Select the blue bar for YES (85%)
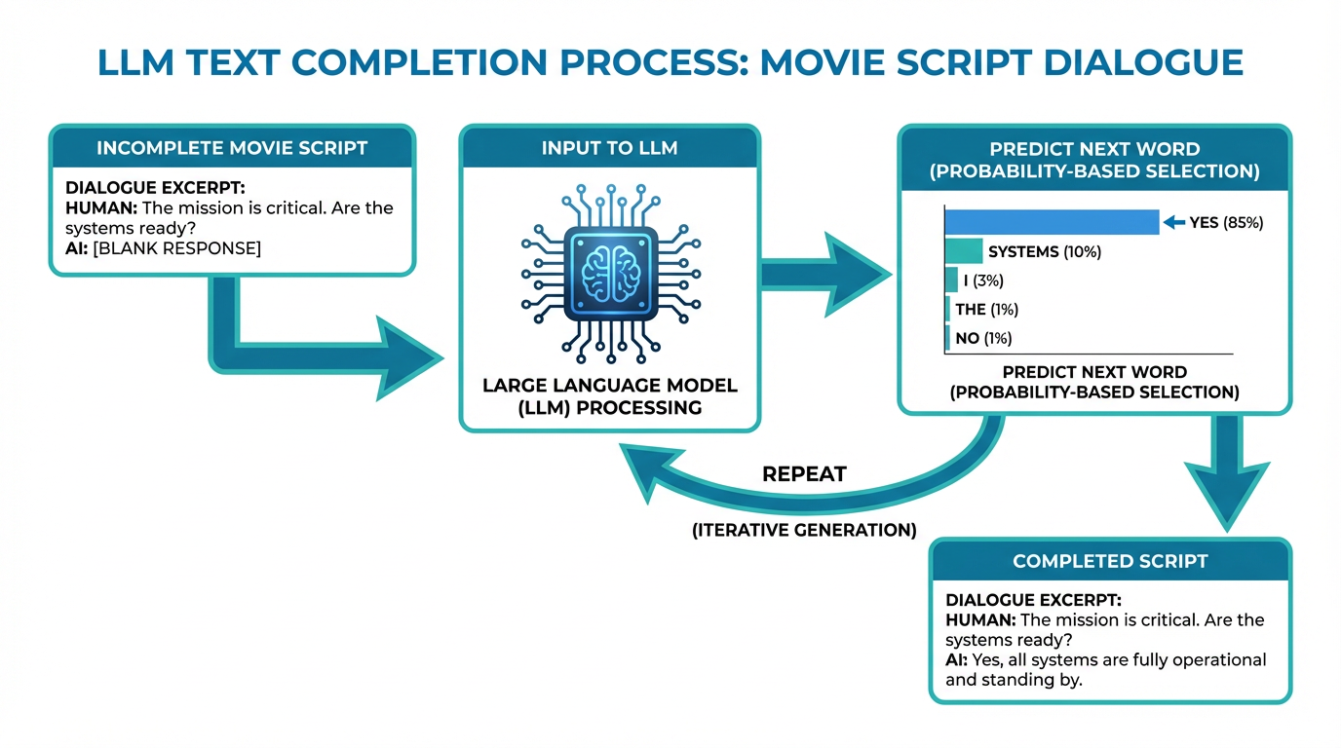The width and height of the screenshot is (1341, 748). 1052,222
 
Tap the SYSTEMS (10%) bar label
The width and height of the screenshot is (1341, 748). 1044,252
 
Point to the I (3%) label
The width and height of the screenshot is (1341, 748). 982,281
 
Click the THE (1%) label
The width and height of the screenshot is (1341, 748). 986,310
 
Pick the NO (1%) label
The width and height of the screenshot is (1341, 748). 983,339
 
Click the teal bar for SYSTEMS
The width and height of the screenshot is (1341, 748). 964,252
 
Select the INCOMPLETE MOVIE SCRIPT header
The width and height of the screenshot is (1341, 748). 232,148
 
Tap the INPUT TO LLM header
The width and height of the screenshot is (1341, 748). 609,148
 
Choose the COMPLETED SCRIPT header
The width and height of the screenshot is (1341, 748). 1110,561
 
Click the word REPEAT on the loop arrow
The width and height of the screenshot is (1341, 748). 804,474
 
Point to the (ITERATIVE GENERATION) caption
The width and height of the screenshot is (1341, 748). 803,531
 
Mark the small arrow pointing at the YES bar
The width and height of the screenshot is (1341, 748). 1174,223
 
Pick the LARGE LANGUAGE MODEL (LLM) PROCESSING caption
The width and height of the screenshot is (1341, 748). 610,396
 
